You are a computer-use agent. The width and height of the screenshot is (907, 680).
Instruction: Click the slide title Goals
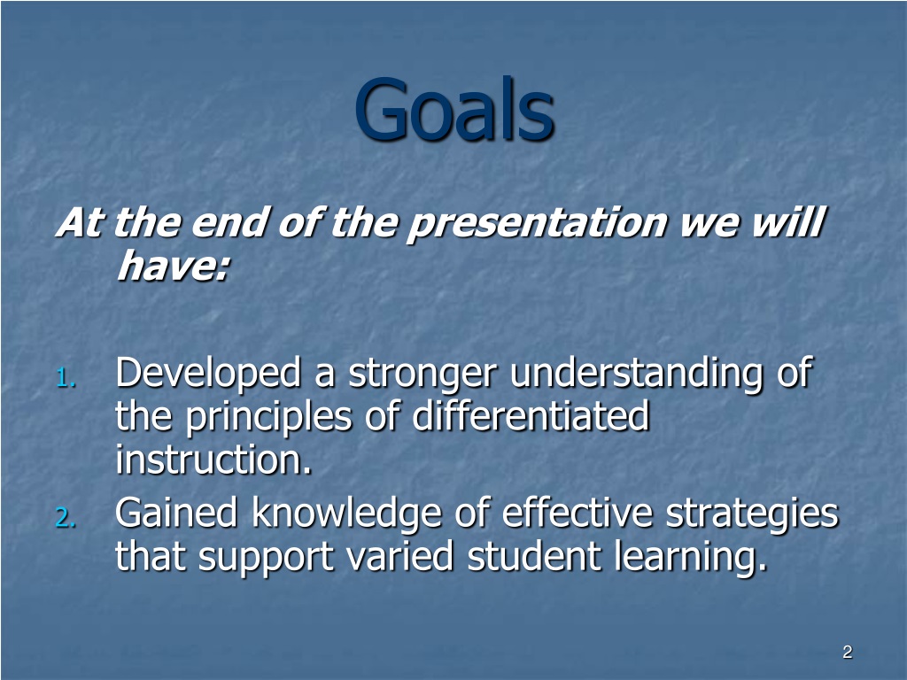coord(454,109)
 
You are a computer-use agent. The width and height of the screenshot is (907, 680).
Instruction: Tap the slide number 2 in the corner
coord(848,652)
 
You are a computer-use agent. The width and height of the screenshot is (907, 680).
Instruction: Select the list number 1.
coord(66,379)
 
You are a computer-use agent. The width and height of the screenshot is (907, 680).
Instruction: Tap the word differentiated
coord(531,415)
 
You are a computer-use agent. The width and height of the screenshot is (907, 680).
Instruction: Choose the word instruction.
coord(213,460)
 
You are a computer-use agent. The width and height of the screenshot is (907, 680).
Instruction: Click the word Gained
coord(176,513)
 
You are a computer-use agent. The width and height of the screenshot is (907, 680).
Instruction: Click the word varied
coord(399,555)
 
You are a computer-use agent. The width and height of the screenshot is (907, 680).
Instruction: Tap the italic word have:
coord(174,266)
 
